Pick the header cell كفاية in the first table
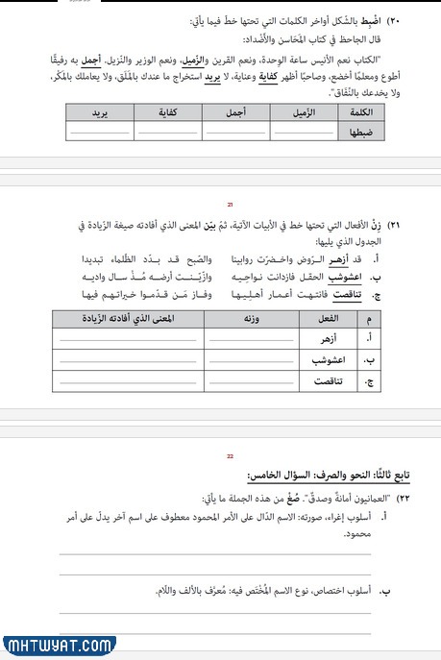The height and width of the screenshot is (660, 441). [168, 111]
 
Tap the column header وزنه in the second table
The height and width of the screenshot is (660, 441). [240, 318]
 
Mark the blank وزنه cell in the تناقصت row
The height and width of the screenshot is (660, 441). [240, 381]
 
